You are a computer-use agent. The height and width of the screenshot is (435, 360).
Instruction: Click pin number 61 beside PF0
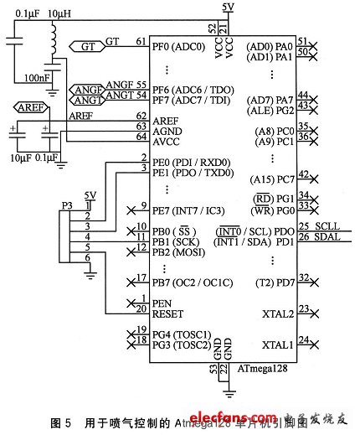tap(141, 40)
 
